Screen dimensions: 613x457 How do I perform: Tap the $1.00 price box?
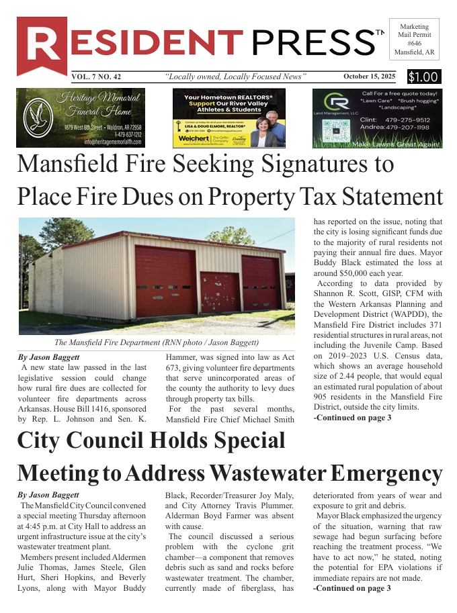(x=423, y=77)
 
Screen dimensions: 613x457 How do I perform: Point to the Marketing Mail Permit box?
(x=414, y=39)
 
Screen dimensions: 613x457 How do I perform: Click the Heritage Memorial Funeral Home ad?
(x=90, y=117)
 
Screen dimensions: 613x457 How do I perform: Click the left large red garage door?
(x=165, y=281)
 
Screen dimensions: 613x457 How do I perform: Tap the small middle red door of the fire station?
(x=220, y=292)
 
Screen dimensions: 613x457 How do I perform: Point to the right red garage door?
(x=260, y=283)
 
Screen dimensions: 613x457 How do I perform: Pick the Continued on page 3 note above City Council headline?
(x=352, y=418)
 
